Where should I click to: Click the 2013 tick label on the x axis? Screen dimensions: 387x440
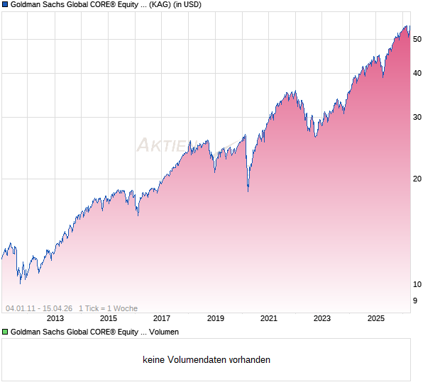(x=55, y=319)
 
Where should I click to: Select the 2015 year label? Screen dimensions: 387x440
(x=108, y=319)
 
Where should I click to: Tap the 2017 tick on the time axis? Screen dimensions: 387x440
(x=162, y=319)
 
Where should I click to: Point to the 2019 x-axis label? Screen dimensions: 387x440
(x=215, y=319)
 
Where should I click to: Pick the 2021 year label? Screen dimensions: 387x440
(x=269, y=319)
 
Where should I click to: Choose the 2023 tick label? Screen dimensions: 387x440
(x=322, y=319)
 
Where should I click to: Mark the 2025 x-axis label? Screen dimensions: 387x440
(x=376, y=319)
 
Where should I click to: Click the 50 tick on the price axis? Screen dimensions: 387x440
(x=417, y=40)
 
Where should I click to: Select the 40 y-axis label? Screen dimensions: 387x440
(x=417, y=73)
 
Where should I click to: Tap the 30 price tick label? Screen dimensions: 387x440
(x=417, y=117)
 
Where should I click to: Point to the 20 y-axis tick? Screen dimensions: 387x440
(x=417, y=179)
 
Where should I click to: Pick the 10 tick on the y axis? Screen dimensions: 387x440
(x=417, y=284)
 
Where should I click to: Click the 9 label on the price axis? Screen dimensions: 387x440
(x=415, y=301)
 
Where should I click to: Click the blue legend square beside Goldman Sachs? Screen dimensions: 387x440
(x=5, y=5)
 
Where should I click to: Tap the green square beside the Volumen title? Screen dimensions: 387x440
(x=5, y=332)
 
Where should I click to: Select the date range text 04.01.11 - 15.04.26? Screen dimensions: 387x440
(x=39, y=308)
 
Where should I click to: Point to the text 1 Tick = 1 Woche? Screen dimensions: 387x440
(x=108, y=308)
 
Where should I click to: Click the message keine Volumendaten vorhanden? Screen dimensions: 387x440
(x=207, y=360)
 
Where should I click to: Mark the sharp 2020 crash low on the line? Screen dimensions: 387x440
(x=248, y=191)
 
